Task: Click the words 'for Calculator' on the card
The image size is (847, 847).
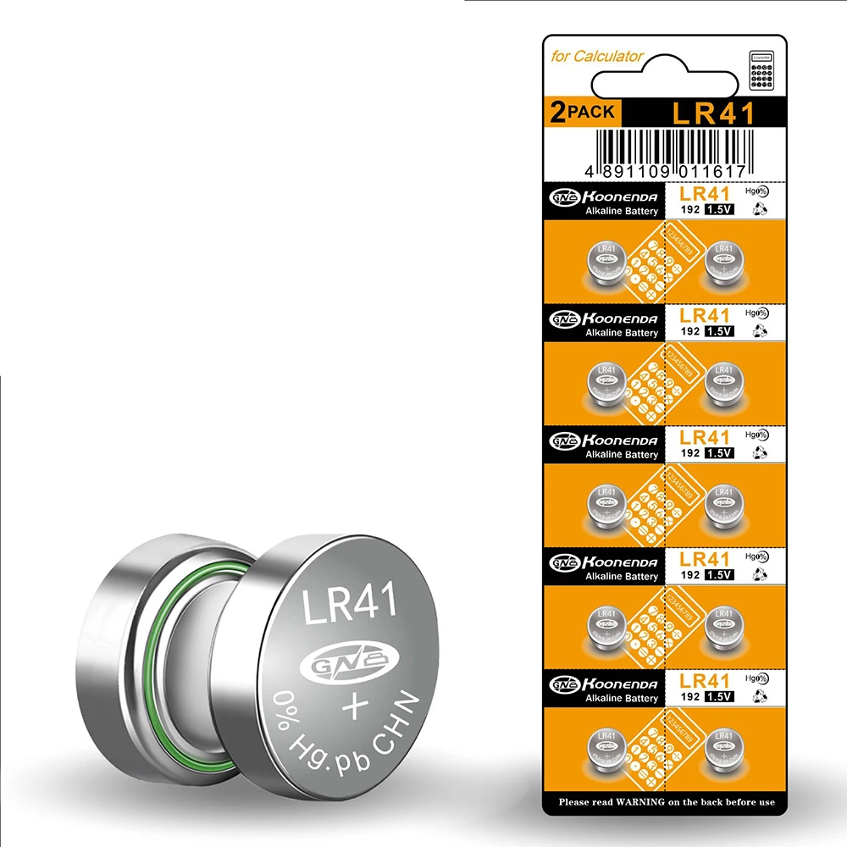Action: click(x=597, y=57)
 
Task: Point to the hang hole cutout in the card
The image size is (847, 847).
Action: click(x=666, y=81)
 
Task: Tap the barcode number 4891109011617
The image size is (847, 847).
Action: click(x=664, y=171)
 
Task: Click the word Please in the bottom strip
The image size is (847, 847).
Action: click(x=579, y=801)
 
